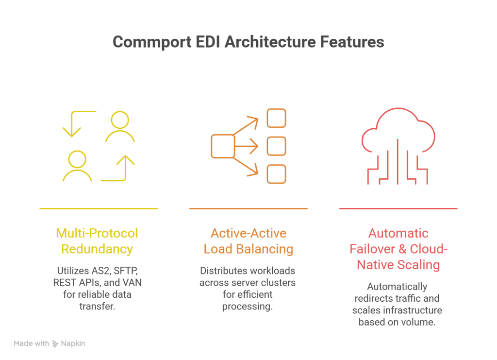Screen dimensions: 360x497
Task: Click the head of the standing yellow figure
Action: (120, 119)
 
